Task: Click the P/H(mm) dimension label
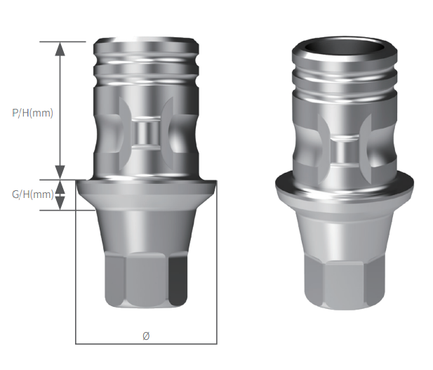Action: click(x=32, y=112)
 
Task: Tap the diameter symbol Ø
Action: click(x=146, y=336)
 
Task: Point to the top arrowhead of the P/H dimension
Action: click(x=60, y=49)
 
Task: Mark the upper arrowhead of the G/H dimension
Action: click(x=60, y=187)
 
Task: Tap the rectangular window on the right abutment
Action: click(x=344, y=152)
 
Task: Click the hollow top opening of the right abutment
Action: click(x=343, y=48)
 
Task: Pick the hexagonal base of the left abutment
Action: click(x=146, y=281)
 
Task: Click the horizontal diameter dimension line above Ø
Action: click(x=146, y=343)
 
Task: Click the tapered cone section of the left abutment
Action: click(x=146, y=228)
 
